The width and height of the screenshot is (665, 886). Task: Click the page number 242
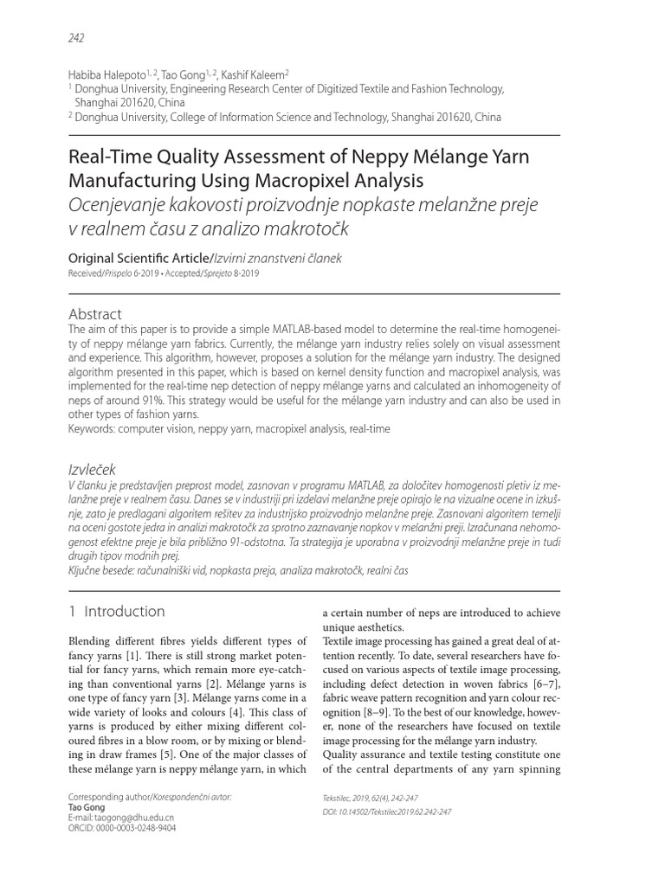(75, 37)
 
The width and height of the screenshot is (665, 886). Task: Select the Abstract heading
(94, 313)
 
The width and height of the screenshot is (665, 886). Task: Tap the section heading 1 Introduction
(116, 611)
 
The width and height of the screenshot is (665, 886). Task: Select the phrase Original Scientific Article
(138, 258)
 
